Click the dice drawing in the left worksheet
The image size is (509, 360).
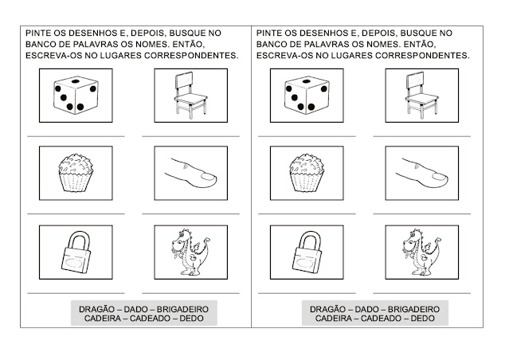[x=76, y=96]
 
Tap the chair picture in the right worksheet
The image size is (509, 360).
[x=422, y=96]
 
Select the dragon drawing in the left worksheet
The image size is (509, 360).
[x=190, y=252]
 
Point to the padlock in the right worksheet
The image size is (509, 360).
[x=307, y=252]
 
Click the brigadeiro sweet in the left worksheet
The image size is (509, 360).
[x=76, y=173]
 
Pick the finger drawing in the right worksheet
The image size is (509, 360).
[x=421, y=173]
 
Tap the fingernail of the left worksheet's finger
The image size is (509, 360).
[x=209, y=177]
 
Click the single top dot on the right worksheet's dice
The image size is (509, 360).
[x=307, y=80]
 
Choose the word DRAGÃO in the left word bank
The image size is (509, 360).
[x=96, y=309]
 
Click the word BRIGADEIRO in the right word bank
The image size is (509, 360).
[x=413, y=309]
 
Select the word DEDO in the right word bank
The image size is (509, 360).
[x=423, y=319]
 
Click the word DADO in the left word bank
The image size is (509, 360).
[x=135, y=309]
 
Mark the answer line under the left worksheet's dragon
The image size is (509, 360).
[x=191, y=293]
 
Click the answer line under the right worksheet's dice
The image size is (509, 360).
[x=307, y=136]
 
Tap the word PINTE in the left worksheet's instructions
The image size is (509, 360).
[x=37, y=33]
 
